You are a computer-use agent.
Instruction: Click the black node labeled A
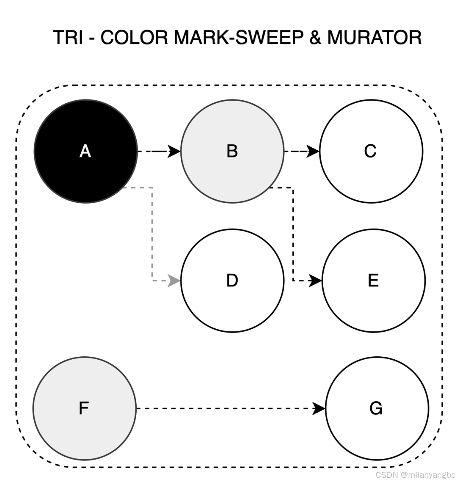point(85,151)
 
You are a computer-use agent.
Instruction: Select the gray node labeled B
point(232,151)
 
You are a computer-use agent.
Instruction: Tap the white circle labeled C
point(371,151)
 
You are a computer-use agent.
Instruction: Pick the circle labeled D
point(232,281)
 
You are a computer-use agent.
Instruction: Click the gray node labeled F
point(84,408)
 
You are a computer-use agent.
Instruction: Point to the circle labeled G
point(377,408)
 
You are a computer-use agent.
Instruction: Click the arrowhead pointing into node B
point(175,151)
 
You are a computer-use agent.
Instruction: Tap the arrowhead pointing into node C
point(314,151)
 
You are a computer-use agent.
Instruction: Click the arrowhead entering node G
point(319,409)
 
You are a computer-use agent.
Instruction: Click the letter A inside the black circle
point(85,151)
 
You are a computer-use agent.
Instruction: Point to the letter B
point(232,151)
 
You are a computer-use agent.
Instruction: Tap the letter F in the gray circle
point(84,408)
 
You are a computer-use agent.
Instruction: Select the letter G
point(376,408)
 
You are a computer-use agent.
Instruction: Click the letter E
point(373,281)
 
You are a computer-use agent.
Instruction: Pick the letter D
point(232,281)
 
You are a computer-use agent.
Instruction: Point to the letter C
point(370,151)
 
